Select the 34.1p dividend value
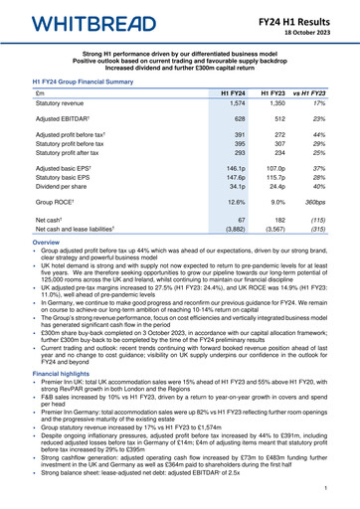[x=236, y=184]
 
